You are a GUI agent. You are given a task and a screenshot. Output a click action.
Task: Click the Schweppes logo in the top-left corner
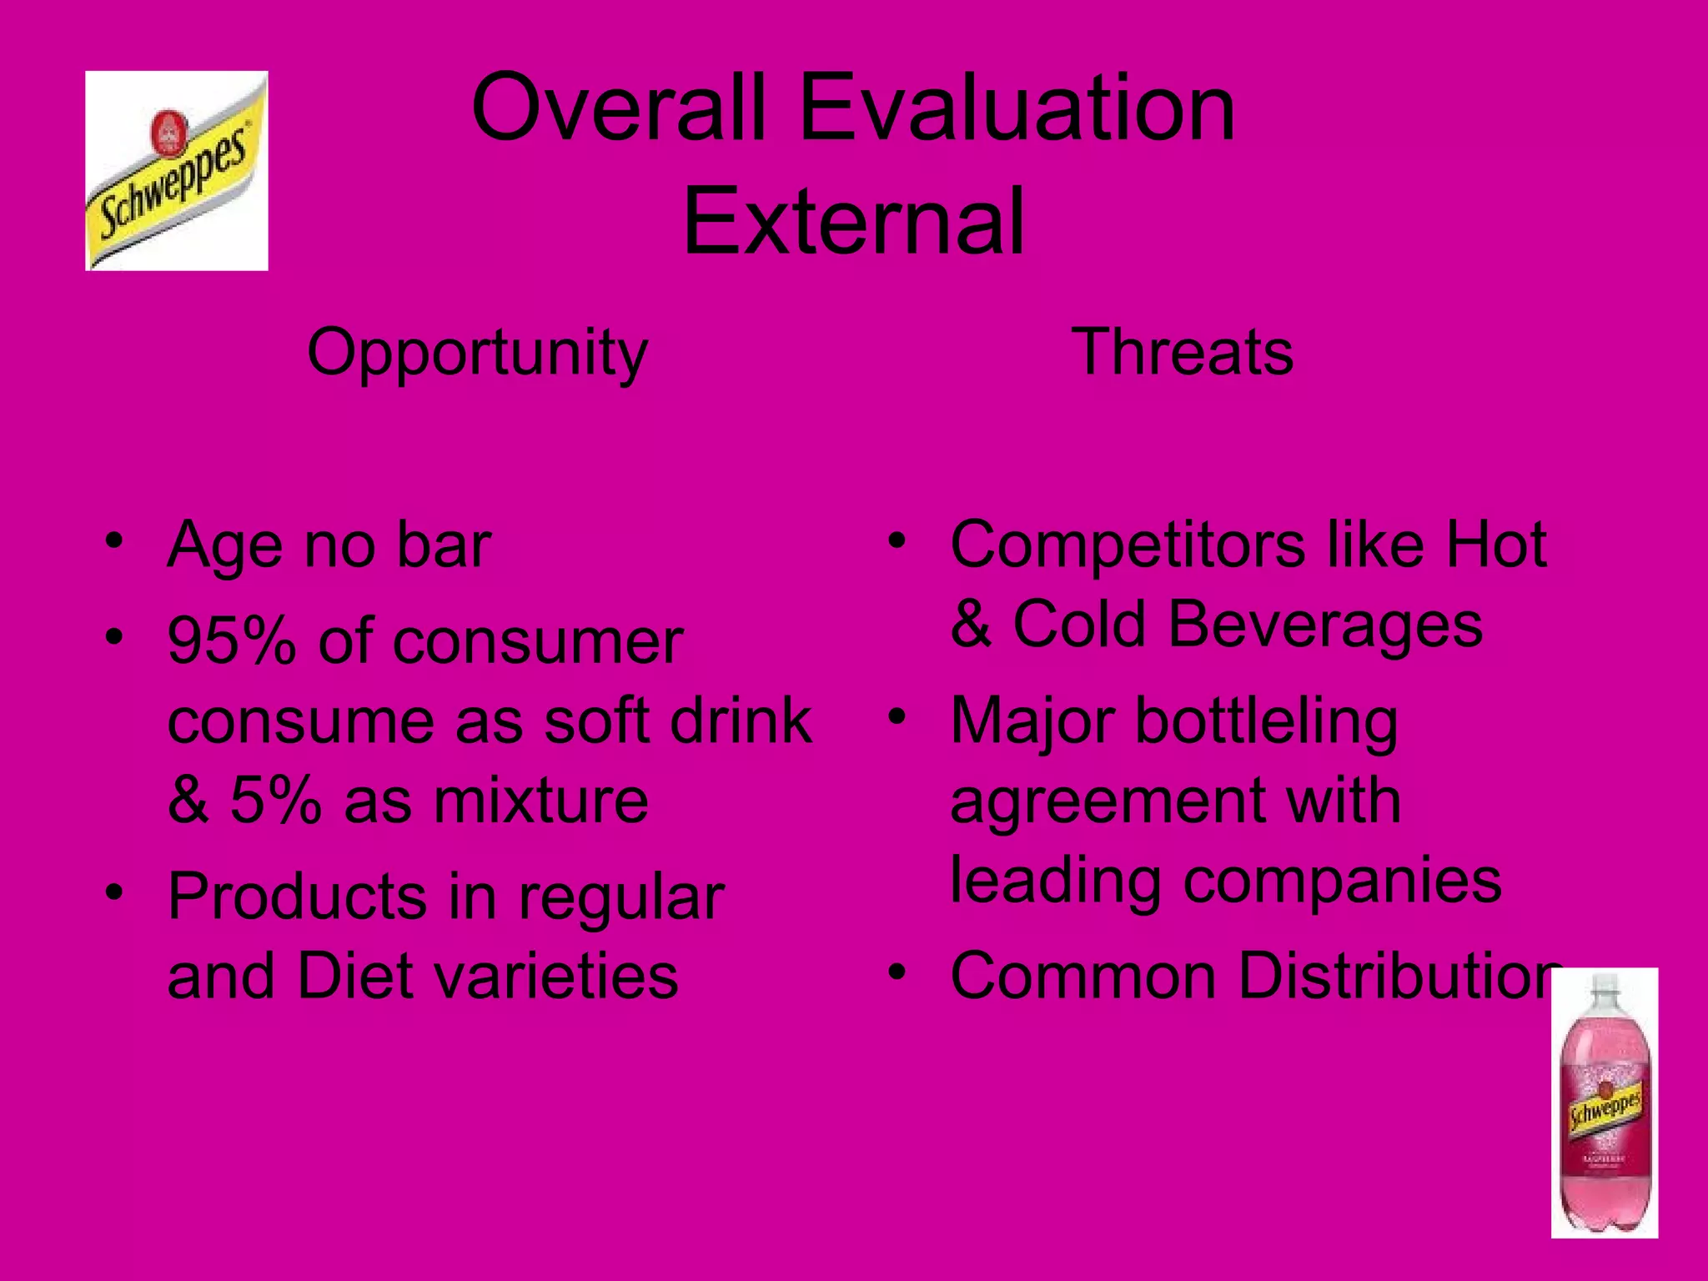click(177, 171)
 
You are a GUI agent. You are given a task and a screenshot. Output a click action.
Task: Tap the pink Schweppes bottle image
click(1604, 1103)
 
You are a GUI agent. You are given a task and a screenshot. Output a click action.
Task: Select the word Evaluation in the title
click(1017, 108)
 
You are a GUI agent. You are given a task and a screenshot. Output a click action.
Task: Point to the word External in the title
click(853, 222)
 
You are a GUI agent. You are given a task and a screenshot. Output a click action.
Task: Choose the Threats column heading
click(1183, 352)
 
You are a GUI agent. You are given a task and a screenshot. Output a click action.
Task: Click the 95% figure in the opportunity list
click(232, 642)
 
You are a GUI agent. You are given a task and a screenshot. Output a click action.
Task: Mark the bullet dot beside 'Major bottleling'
click(897, 716)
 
